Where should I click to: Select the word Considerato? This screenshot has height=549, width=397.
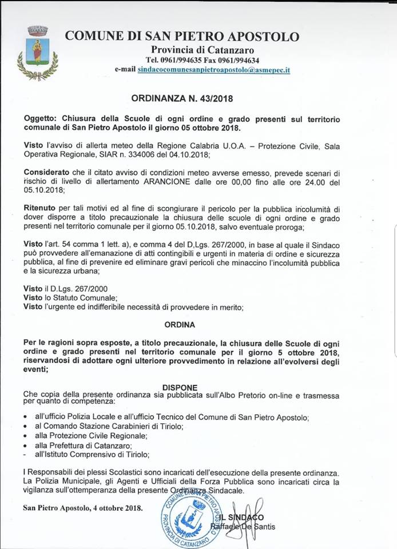click(x=48, y=172)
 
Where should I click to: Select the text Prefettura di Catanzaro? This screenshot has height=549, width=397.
click(x=100, y=445)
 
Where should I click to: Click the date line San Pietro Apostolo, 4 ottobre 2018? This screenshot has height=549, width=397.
click(x=84, y=507)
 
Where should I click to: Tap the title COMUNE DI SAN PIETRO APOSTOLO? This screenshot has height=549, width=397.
click(x=182, y=36)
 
